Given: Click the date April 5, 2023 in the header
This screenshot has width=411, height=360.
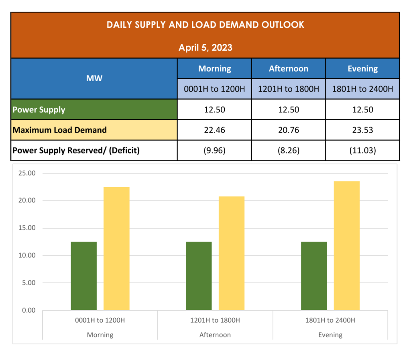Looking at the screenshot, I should [x=205, y=47].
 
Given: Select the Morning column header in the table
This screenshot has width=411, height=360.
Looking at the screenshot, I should [x=214, y=69].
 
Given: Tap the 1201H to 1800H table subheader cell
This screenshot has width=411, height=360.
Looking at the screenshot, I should [x=288, y=89].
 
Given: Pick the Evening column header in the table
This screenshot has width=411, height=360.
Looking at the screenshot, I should [x=362, y=69].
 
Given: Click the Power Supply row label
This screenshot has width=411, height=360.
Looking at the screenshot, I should [x=39, y=110].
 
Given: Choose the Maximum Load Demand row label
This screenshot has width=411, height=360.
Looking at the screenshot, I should [x=60, y=130].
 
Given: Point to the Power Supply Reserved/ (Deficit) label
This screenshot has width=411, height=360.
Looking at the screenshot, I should [x=76, y=151].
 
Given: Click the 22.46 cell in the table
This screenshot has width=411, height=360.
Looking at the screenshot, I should [x=214, y=130].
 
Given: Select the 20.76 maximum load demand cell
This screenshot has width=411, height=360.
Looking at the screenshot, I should [x=288, y=130].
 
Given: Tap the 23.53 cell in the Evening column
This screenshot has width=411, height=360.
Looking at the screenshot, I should [x=362, y=130].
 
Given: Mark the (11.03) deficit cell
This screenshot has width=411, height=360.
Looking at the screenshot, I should [x=362, y=151].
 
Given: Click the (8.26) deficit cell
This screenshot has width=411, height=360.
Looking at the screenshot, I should [x=288, y=151].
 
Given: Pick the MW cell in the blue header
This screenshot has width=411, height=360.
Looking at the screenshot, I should [x=94, y=78].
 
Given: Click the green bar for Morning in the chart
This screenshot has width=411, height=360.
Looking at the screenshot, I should [x=84, y=276].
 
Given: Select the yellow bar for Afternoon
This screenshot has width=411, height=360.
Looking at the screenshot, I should [x=232, y=253].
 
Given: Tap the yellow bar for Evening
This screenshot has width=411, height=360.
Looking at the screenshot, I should [x=347, y=245].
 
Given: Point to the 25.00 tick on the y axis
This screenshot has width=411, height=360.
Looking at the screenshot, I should [x=27, y=173].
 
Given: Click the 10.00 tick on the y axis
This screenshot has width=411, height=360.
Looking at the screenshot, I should [x=27, y=256].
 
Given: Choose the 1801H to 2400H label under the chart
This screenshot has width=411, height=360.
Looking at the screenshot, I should [x=330, y=320].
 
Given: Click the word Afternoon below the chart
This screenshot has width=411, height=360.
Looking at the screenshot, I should [x=215, y=335].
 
